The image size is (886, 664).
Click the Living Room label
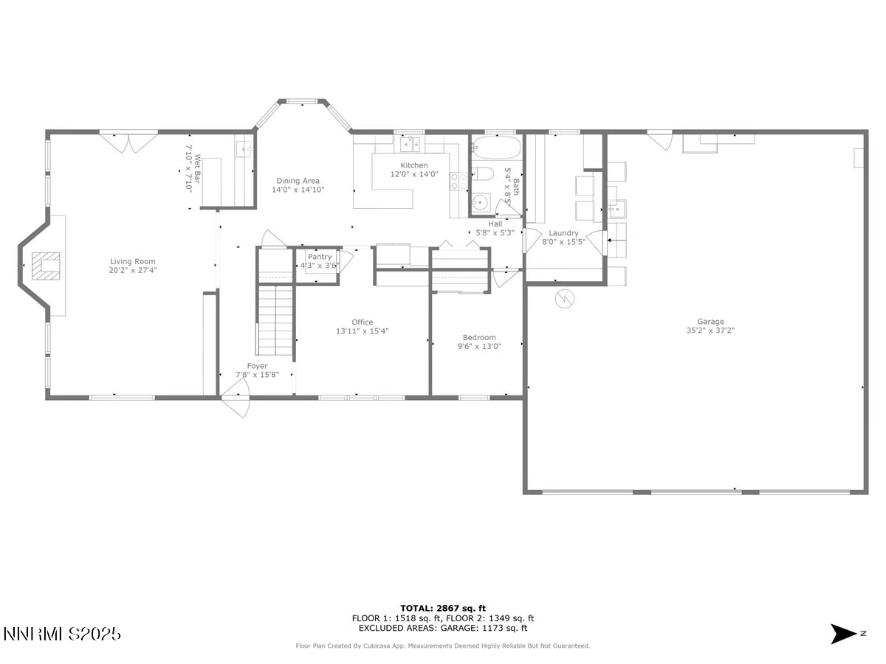coord(133,261)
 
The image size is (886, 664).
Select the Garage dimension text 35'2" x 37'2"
coord(710,331)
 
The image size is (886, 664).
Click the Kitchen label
coord(413,165)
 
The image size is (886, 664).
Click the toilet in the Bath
coord(481,176)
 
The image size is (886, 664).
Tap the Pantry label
coord(320,257)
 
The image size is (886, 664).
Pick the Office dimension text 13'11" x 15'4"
coord(362,331)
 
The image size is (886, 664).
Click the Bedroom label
coord(479,337)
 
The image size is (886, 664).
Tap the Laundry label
coord(563,233)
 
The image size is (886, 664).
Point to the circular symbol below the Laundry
coord(564,298)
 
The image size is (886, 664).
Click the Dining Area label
coord(298,181)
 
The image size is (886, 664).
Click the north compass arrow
coord(843,634)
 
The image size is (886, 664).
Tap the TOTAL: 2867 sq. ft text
coord(443,607)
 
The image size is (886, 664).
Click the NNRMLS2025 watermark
coord(63,634)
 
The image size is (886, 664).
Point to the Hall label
coord(495,224)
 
